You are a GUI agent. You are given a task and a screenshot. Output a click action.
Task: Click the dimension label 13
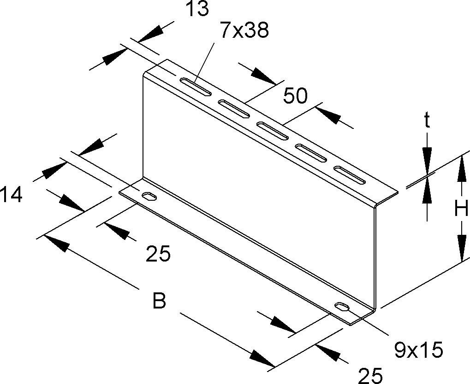coord(197,9)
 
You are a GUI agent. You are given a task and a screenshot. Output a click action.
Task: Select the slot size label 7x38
coord(244,30)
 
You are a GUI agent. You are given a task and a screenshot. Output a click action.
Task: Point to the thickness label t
coord(427,121)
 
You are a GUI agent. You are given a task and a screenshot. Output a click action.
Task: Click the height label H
coord(461,208)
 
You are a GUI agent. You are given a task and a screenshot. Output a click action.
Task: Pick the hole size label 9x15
coord(418,350)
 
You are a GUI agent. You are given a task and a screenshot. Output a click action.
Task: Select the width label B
coord(159,301)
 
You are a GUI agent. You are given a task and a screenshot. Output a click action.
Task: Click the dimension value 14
coord(11,195)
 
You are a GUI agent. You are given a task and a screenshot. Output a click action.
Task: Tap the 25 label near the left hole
coord(158,254)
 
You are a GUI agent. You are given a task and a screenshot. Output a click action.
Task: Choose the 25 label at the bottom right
coord(371,375)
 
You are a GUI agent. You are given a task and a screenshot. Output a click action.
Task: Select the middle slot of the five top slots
coord(272,131)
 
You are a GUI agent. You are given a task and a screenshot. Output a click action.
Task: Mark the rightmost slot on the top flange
coord(350,175)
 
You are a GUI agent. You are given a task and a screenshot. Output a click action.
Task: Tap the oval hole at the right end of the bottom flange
coord(342,308)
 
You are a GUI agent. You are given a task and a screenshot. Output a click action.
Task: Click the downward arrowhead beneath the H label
coord(462,245)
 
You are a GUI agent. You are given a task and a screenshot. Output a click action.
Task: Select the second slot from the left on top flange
coord(234,109)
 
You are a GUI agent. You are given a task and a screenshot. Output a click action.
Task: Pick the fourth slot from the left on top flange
coord(311,153)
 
